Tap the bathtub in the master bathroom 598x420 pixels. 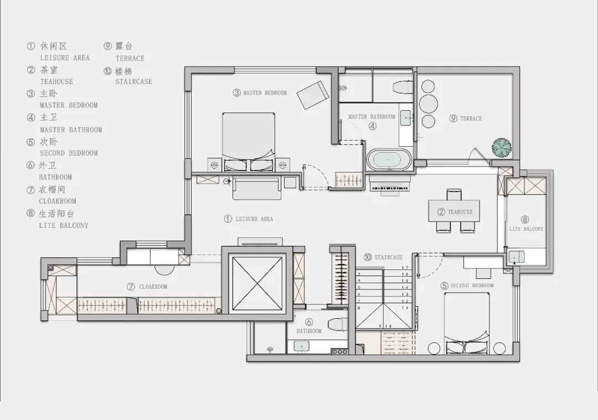click(x=389, y=160)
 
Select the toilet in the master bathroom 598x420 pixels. click(x=403, y=86)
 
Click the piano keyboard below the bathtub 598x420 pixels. click(x=389, y=188)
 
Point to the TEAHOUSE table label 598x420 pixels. click(x=460, y=212)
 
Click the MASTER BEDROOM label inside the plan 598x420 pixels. click(x=265, y=92)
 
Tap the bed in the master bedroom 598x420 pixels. click(x=248, y=142)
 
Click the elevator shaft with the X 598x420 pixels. click(x=257, y=283)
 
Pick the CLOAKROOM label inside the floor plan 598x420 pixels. click(x=153, y=287)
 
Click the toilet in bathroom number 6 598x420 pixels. click(x=338, y=324)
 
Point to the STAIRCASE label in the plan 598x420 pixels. click(x=388, y=257)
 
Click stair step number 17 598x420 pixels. click(x=405, y=268)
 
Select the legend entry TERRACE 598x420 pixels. click(x=130, y=58)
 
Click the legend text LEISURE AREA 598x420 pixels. click(x=65, y=58)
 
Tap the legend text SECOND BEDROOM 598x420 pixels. click(x=69, y=153)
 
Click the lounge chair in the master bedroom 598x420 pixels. click(x=313, y=95)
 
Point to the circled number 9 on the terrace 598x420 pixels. click(x=453, y=118)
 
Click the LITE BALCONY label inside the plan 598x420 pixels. click(x=527, y=229)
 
